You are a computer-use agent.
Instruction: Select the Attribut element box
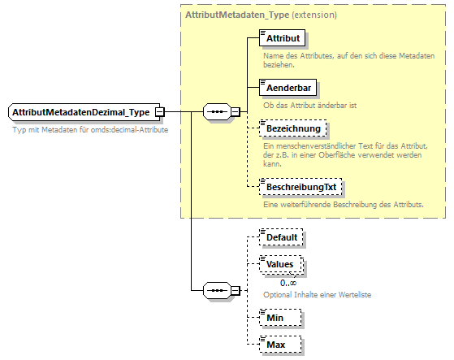[x=282, y=37]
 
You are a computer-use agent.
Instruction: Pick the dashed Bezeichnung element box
[x=292, y=128]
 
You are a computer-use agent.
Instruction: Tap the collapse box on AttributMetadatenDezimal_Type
[x=160, y=111]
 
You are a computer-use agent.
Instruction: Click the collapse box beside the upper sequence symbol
[x=235, y=111]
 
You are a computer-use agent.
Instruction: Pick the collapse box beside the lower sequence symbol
[x=235, y=289]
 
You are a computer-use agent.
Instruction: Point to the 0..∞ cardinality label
[x=288, y=281]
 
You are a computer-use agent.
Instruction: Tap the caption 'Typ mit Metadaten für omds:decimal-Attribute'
[x=90, y=130]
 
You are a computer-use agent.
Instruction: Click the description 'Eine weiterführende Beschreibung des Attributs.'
[x=343, y=204]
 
